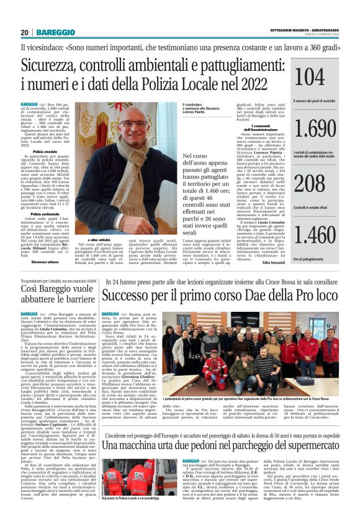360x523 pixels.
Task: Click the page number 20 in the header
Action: click(x=25, y=32)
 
